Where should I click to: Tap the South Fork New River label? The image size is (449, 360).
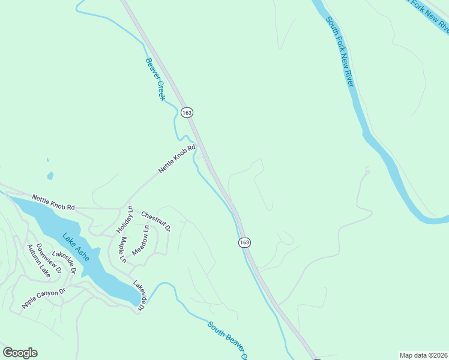coord(339,52)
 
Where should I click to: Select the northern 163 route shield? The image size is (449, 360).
coord(187,112)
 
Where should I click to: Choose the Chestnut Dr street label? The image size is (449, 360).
coord(156,221)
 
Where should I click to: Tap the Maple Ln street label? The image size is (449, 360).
coord(122,250)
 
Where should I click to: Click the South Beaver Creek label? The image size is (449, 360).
coord(228,339)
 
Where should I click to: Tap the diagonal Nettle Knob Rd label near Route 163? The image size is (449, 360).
coord(177,159)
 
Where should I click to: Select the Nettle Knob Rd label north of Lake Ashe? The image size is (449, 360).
coord(53,202)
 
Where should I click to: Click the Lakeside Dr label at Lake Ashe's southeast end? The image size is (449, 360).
coord(139,296)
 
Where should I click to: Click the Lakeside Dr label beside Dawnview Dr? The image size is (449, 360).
coord(64,263)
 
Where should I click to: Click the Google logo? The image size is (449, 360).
coord(20,353)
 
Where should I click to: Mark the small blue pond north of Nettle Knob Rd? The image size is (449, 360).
coord(50,176)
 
